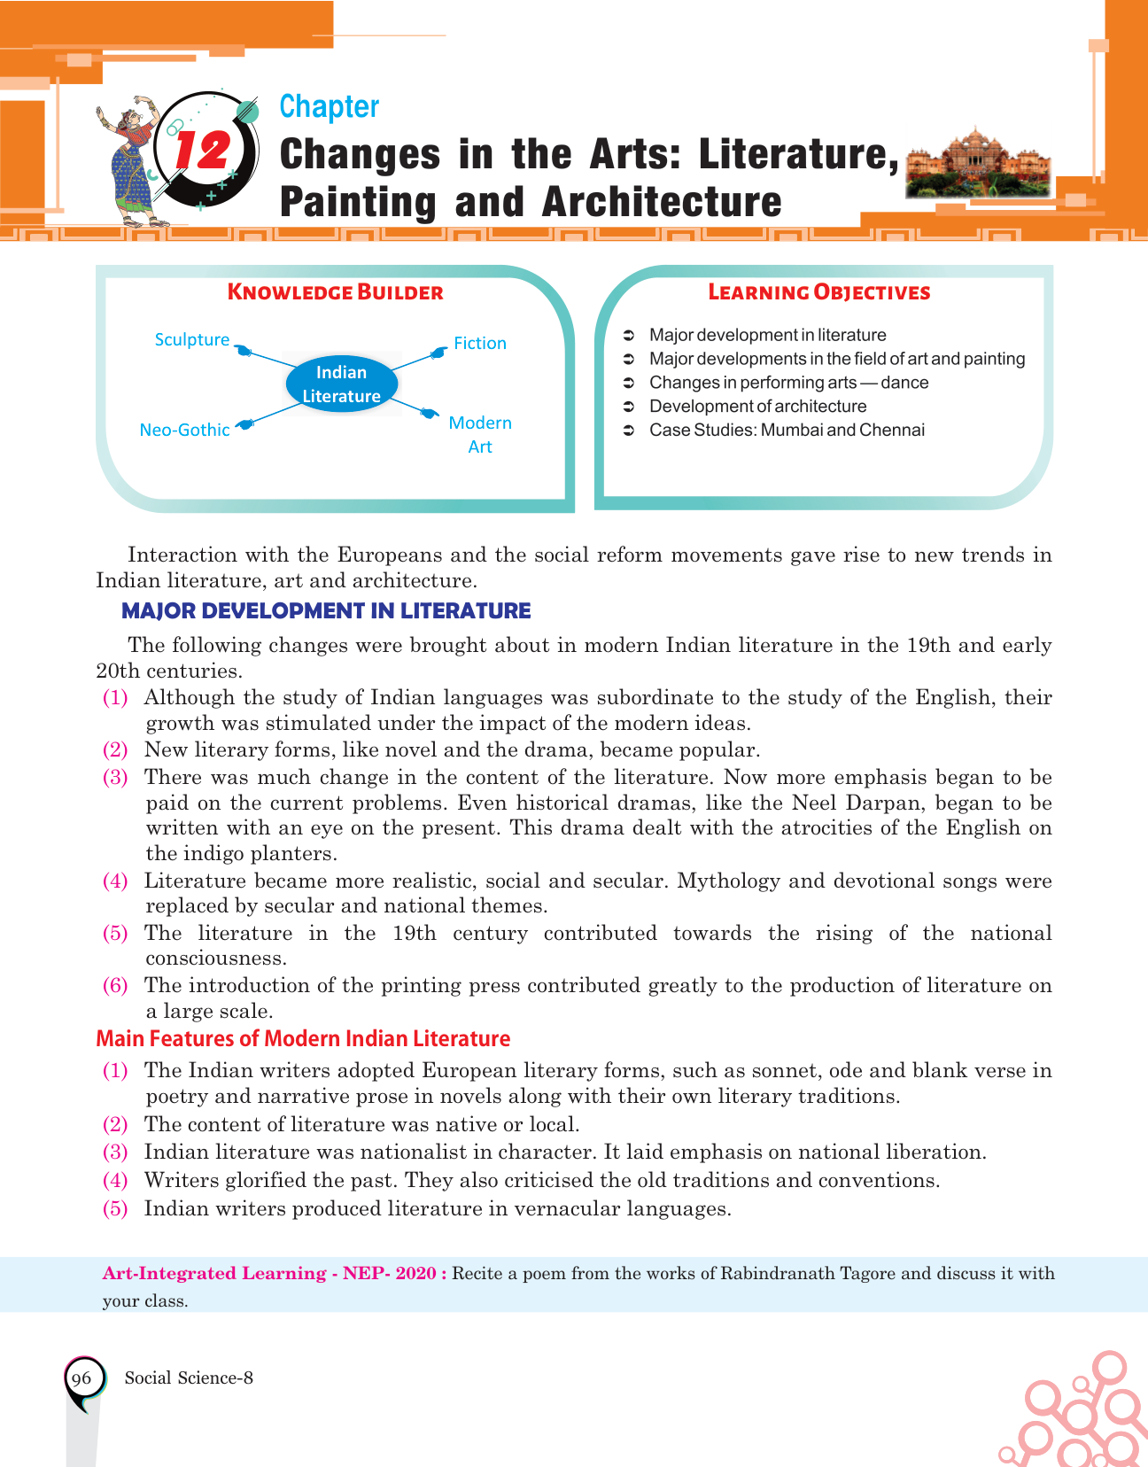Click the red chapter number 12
click(203, 151)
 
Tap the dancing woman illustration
click(131, 159)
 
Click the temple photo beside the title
click(978, 165)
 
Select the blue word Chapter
click(329, 106)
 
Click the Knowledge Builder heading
click(335, 292)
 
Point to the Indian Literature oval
click(341, 384)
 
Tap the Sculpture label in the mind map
click(191, 339)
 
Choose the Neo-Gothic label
click(184, 430)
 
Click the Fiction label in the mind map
click(479, 343)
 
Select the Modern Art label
click(479, 434)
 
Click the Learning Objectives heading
click(818, 292)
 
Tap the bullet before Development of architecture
click(628, 407)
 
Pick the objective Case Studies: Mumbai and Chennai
click(787, 430)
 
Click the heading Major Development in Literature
click(326, 610)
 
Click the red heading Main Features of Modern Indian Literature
click(303, 1038)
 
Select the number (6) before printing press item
click(115, 985)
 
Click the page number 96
click(81, 1378)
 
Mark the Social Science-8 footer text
click(189, 1378)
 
